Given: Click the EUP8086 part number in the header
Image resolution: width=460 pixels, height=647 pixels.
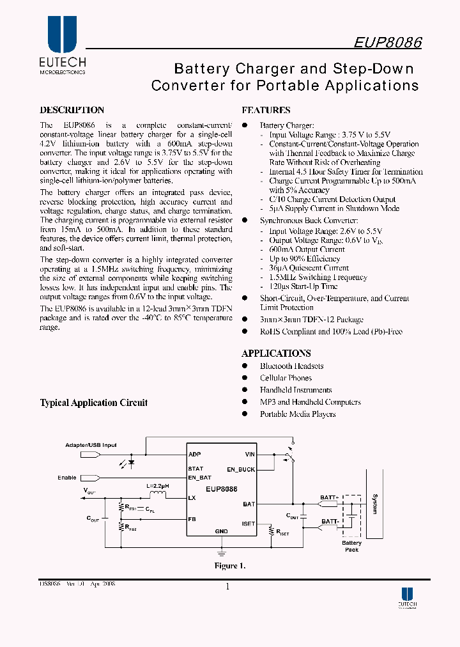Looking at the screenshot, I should [387, 42].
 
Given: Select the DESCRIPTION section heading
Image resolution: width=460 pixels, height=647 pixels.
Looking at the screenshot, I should [72, 110].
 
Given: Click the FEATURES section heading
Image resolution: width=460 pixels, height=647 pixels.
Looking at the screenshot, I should [266, 110].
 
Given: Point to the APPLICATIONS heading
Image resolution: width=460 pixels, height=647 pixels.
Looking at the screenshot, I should [276, 353].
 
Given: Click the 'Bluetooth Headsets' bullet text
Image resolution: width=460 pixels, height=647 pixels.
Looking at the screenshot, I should [291, 366].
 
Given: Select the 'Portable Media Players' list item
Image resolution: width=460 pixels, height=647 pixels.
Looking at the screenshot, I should [298, 414].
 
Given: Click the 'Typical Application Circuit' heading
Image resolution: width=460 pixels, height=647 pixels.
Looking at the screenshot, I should [94, 403].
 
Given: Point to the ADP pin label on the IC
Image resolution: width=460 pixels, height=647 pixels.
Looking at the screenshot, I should [195, 455].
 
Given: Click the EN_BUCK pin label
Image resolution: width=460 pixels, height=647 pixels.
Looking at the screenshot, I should [240, 470].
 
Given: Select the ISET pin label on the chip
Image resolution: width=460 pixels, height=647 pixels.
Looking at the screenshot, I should [248, 524].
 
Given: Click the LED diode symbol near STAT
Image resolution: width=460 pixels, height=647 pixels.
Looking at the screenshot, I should [132, 462].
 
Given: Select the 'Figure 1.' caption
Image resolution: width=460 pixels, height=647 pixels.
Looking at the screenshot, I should [229, 566].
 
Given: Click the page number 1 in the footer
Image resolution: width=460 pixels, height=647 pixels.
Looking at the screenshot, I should [227, 587].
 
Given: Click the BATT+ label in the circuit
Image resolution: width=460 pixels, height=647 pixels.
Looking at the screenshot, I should [330, 497].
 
